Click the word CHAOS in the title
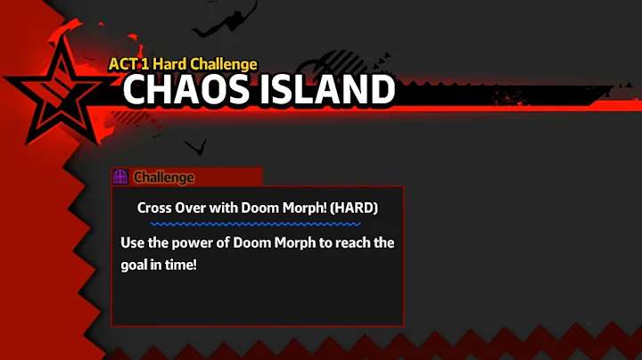(x=186, y=89)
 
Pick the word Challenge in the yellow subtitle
(x=228, y=64)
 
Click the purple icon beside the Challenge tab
(x=120, y=176)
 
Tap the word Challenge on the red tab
(x=164, y=177)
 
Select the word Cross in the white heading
(x=156, y=208)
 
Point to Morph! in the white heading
(x=305, y=208)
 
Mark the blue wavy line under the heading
(x=258, y=224)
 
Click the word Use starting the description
(x=133, y=242)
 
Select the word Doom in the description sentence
(x=253, y=242)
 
